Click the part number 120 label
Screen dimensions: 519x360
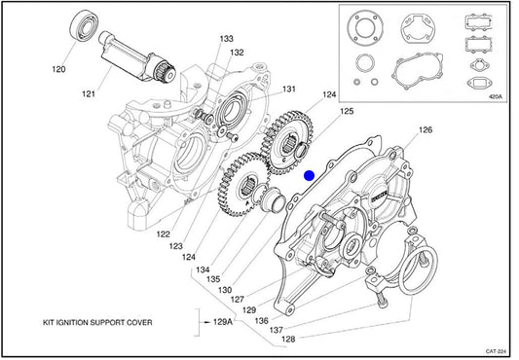pyautogui.click(x=59, y=69)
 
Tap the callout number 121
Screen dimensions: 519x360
pyautogui.click(x=89, y=94)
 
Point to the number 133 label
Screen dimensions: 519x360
pyautogui.click(x=227, y=39)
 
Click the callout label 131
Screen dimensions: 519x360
pyautogui.click(x=289, y=89)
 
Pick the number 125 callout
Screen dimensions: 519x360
pyautogui.click(x=347, y=111)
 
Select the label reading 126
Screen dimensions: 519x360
pyautogui.click(x=426, y=129)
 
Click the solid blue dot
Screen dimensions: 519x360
pyautogui.click(x=309, y=176)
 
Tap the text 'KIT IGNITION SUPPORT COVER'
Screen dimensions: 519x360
pyautogui.click(x=97, y=322)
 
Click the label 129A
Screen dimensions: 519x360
pyautogui.click(x=223, y=322)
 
